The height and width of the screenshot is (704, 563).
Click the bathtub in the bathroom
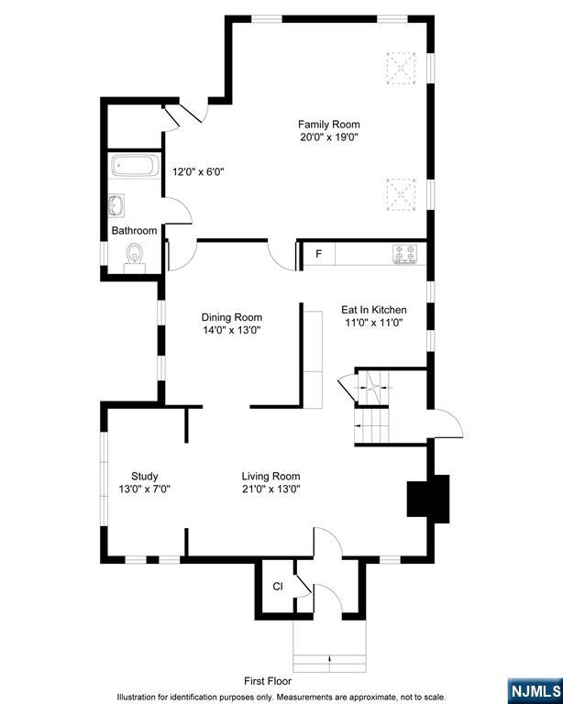135,166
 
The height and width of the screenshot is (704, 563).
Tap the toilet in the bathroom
134,258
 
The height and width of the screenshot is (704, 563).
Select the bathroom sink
116,206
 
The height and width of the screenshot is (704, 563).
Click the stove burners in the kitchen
404,254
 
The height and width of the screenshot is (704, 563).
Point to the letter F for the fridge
319,254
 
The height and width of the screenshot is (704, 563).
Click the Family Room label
329,125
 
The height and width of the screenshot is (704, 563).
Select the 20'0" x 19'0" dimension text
329,137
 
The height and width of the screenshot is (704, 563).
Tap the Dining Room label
232,317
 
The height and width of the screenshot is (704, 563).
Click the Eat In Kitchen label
374,310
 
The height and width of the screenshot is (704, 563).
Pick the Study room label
145,477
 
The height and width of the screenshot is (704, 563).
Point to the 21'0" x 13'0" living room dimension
271,489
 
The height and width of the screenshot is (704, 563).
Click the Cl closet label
278,587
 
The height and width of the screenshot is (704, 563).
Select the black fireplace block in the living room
428,499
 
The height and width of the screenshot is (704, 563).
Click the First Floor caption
268,681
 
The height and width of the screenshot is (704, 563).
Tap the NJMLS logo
535,691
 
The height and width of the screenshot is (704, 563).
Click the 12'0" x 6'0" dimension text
198,171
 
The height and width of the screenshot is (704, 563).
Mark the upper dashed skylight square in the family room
401,68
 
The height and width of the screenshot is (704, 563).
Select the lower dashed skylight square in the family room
401,194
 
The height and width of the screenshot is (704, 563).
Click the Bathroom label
134,231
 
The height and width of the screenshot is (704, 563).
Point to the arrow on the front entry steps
330,659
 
